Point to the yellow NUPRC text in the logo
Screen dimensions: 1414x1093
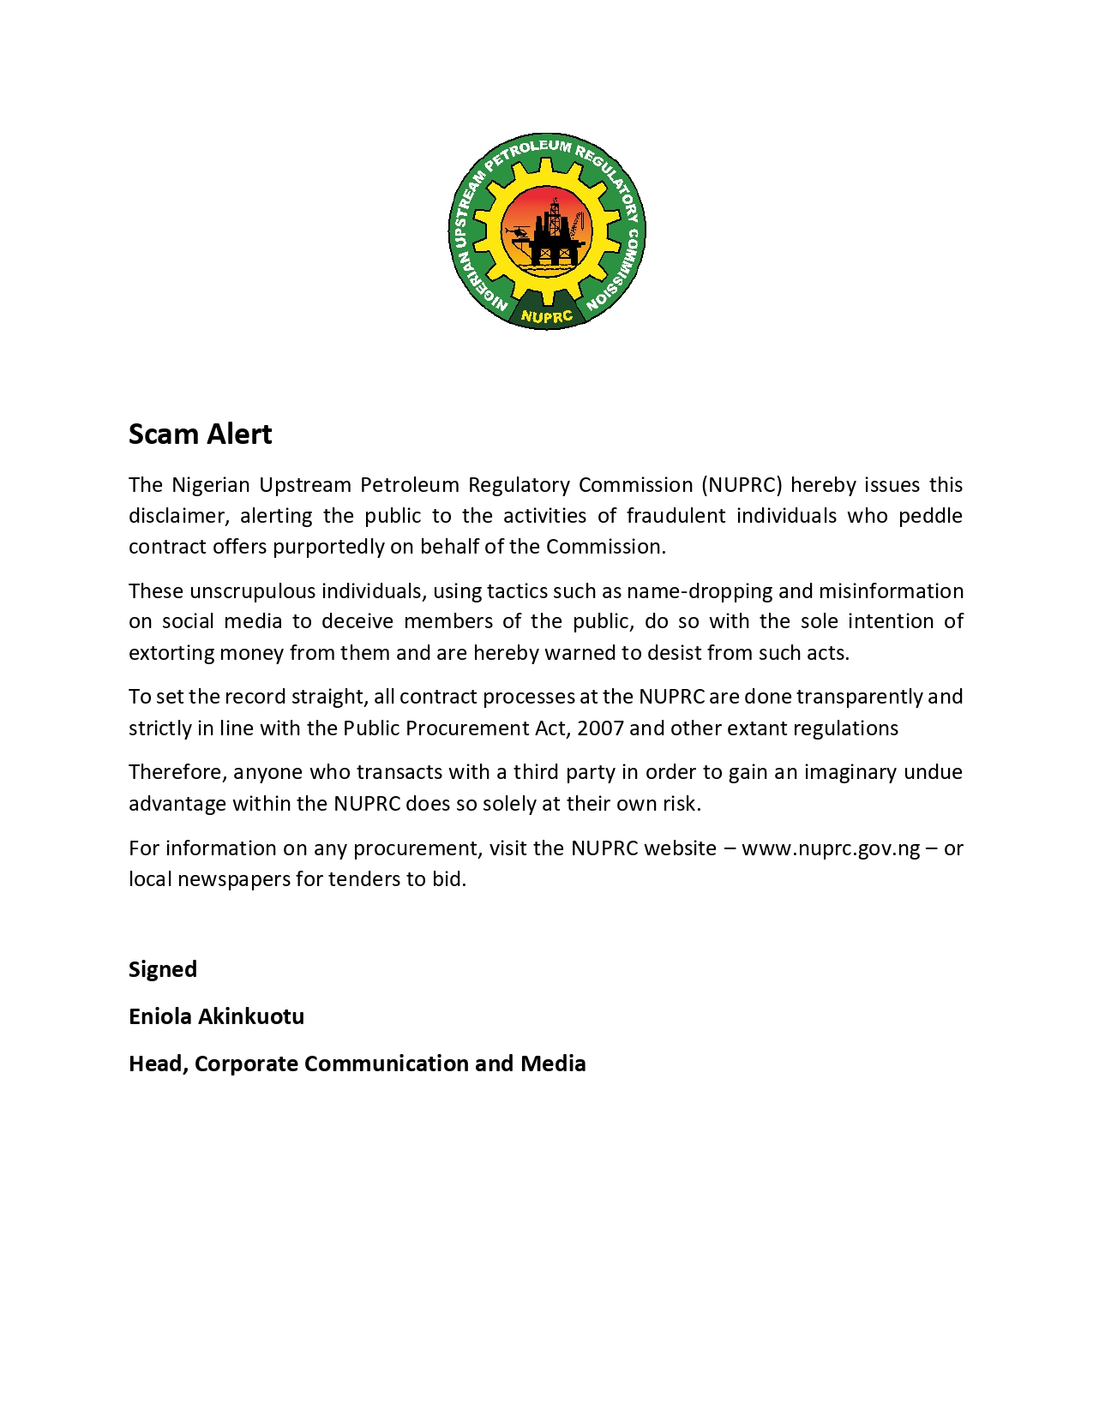pos(546,316)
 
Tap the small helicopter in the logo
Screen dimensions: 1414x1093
pos(517,232)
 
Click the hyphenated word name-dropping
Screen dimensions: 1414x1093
pos(700,591)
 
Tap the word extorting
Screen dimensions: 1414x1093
pos(171,653)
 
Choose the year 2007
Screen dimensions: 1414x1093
pos(600,728)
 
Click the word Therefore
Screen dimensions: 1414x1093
pos(177,772)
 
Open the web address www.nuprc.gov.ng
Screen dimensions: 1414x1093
pos(831,848)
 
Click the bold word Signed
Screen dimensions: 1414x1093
pos(163,969)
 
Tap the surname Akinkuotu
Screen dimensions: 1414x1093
pos(251,1016)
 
